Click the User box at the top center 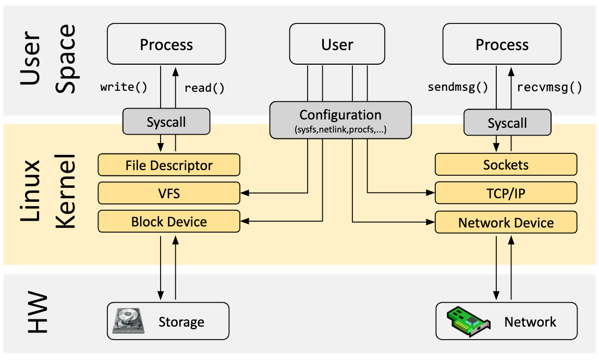[337, 45]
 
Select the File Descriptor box [169, 165]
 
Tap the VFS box [169, 194]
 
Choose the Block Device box [169, 222]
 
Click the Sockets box [506, 165]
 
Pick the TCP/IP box [506, 194]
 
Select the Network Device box [506, 223]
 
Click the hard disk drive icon [128, 321]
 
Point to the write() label [124, 87]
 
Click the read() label [204, 88]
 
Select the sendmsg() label [458, 87]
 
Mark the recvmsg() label [549, 87]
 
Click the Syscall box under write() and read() [166, 123]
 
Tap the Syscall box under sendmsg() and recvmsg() [507, 123]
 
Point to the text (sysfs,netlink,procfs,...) [340, 128]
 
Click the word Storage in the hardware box [181, 322]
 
